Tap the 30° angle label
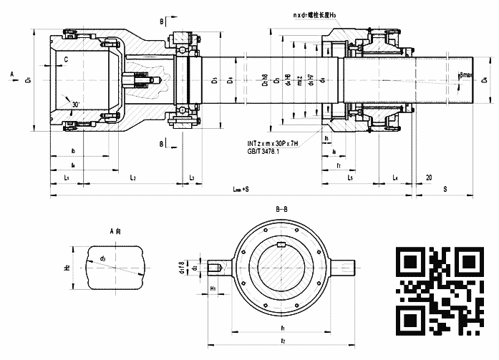[x=75, y=104]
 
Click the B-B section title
[x=282, y=209]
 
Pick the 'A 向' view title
[x=116, y=232]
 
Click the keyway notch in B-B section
[x=283, y=247]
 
